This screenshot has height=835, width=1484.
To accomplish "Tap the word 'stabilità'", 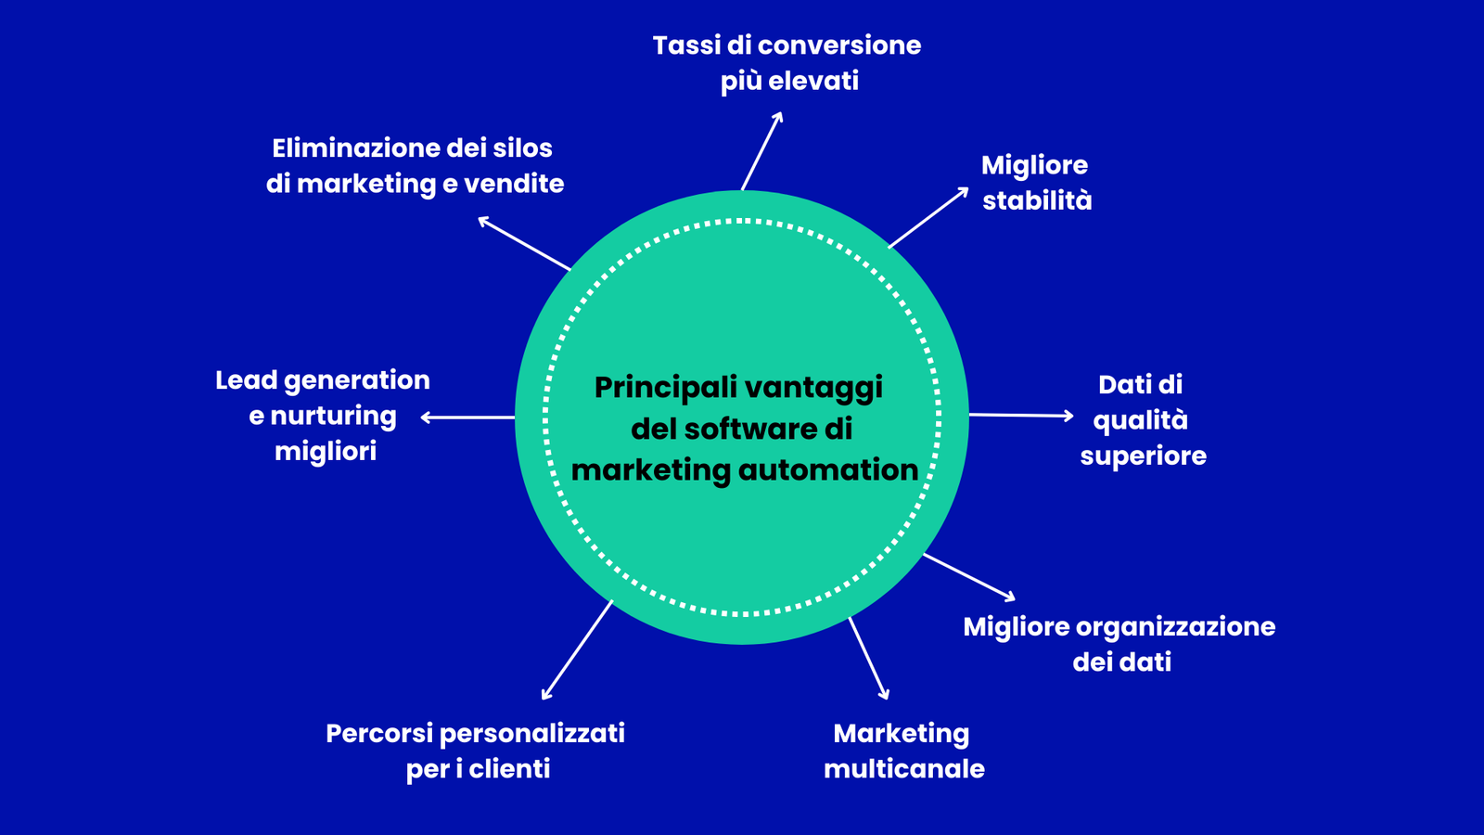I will [1037, 200].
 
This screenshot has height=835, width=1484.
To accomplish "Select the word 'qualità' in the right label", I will [1140, 421].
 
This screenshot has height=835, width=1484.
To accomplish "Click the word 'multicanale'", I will [904, 769].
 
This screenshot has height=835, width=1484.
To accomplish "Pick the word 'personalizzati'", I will [531, 734].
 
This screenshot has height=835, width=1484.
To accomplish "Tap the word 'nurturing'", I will [333, 417].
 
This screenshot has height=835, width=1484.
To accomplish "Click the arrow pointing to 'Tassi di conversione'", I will [761, 150].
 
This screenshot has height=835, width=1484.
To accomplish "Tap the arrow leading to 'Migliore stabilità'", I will [928, 218].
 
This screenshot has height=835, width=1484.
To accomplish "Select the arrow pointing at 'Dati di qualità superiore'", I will [1021, 416].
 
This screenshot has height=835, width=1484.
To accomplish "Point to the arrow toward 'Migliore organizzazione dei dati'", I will [969, 577].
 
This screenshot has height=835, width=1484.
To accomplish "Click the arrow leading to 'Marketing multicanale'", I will [869, 658].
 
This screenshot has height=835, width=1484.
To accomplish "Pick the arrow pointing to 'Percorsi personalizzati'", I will [577, 650].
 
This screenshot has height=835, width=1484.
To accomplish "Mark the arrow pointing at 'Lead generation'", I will [467, 417].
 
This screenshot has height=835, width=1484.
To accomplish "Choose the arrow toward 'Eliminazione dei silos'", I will [524, 244].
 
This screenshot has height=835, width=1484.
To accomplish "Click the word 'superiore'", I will [1143, 456].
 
